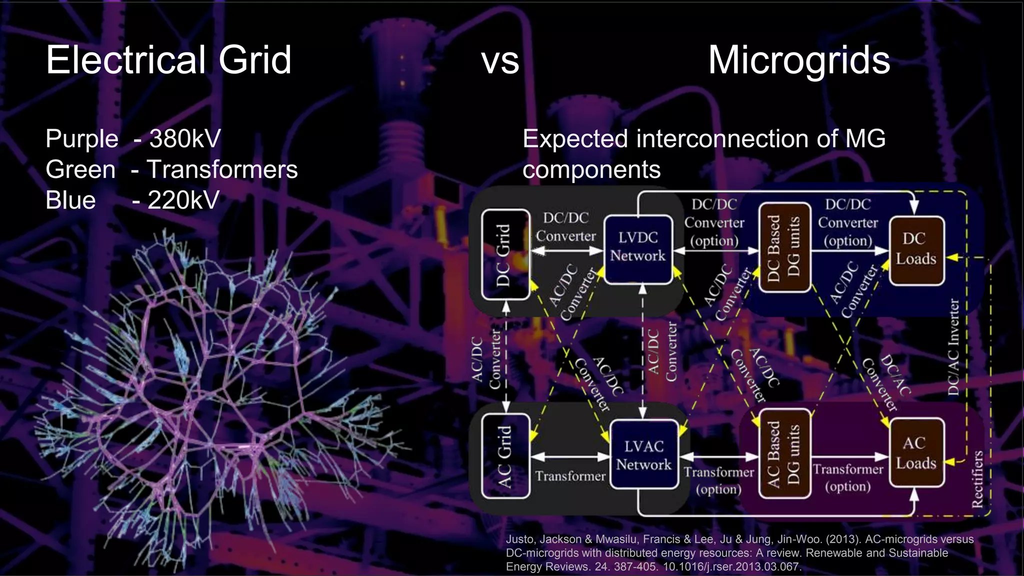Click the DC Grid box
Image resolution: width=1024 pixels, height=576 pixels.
click(505, 254)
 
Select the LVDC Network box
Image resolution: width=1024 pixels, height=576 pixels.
click(638, 248)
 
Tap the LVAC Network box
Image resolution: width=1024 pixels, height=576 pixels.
click(643, 455)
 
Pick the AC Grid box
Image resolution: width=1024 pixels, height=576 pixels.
click(505, 456)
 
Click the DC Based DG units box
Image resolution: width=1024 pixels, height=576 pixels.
click(784, 247)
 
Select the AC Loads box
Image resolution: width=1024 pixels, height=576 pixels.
click(916, 453)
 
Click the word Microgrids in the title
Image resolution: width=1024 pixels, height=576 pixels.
click(798, 60)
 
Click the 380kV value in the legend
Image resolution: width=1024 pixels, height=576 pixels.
click(185, 138)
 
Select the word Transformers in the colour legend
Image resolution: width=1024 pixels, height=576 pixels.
click(222, 169)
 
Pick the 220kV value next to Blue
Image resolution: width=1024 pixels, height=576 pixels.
click(183, 200)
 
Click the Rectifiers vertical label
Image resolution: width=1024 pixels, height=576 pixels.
click(977, 478)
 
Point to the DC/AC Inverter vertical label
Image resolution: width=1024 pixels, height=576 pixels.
click(953, 347)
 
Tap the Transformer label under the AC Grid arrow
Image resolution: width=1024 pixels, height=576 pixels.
click(570, 475)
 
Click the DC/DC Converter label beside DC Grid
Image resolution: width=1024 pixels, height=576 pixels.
click(566, 227)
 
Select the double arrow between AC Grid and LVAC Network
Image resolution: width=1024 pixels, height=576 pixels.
click(569, 456)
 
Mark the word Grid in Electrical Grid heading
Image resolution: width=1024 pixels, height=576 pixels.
click(254, 60)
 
